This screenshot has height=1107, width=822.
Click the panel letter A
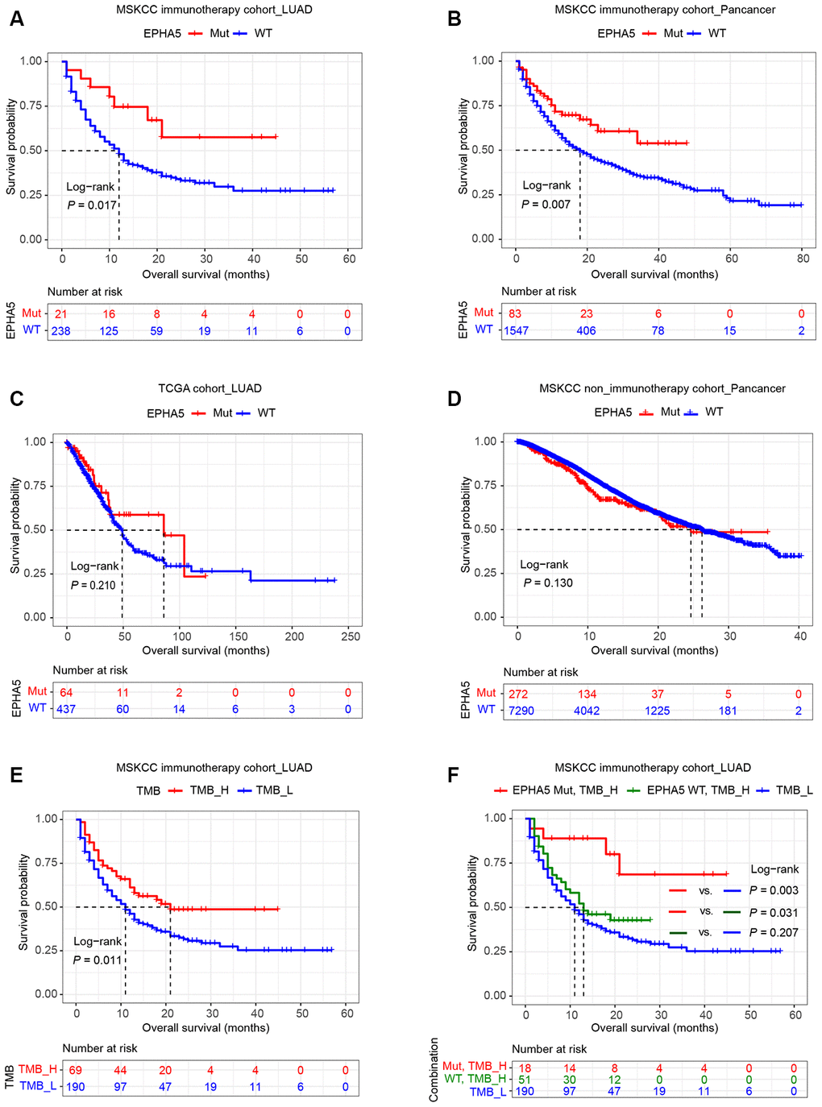(16, 19)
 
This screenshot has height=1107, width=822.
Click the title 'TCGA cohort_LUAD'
(210, 388)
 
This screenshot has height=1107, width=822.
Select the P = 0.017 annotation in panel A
(92, 205)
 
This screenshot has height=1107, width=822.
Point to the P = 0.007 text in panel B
(546, 205)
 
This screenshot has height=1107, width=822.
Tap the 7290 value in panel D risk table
(521, 711)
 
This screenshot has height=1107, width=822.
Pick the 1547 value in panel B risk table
(517, 330)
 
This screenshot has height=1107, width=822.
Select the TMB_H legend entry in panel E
(209, 790)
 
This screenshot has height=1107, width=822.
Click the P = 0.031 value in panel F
(774, 913)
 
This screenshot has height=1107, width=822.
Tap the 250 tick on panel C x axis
(351, 636)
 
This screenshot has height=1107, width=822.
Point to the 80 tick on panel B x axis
(803, 259)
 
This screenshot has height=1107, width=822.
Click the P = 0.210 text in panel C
(93, 585)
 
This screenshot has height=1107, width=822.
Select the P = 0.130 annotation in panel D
(548, 583)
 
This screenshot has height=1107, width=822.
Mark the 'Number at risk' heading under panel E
(100, 1048)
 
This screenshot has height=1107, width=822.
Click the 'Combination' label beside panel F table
(434, 1070)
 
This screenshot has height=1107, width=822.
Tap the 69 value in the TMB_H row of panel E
(75, 1070)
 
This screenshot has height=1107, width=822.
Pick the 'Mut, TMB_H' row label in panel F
(475, 1067)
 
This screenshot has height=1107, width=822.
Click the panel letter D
(455, 398)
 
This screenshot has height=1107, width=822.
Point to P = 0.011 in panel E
(98, 960)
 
